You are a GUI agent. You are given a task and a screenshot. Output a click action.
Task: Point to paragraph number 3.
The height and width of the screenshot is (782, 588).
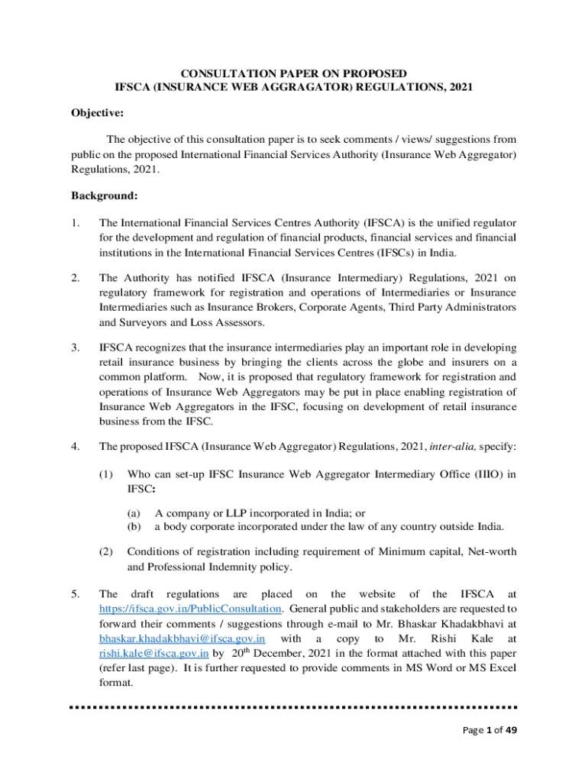tap(76, 347)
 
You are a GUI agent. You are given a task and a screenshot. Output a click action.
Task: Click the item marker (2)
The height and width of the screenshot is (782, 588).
tap(108, 551)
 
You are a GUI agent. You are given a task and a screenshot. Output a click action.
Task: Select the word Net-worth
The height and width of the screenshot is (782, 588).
tap(489, 551)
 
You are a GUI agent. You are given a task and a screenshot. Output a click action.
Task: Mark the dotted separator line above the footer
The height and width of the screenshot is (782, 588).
tap(293, 706)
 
